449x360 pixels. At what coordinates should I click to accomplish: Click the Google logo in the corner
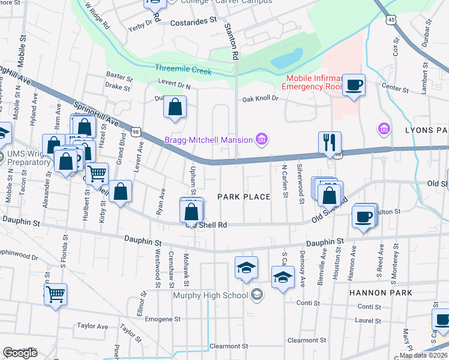point(20,353)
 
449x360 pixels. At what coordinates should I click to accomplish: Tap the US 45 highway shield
point(391,20)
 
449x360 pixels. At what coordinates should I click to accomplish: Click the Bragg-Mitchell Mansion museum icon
point(261,141)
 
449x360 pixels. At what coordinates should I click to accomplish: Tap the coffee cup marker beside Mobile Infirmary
point(353,85)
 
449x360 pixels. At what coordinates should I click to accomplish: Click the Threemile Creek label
point(179,68)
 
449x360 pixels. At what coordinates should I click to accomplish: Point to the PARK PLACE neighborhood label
point(244,197)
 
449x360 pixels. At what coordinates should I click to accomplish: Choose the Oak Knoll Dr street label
point(260,98)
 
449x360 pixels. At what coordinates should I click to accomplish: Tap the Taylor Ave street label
point(92,326)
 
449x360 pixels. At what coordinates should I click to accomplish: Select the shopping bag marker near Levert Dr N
point(175,108)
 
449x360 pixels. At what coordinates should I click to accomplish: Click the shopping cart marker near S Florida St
point(55,295)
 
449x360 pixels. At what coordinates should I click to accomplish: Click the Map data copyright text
point(423,355)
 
